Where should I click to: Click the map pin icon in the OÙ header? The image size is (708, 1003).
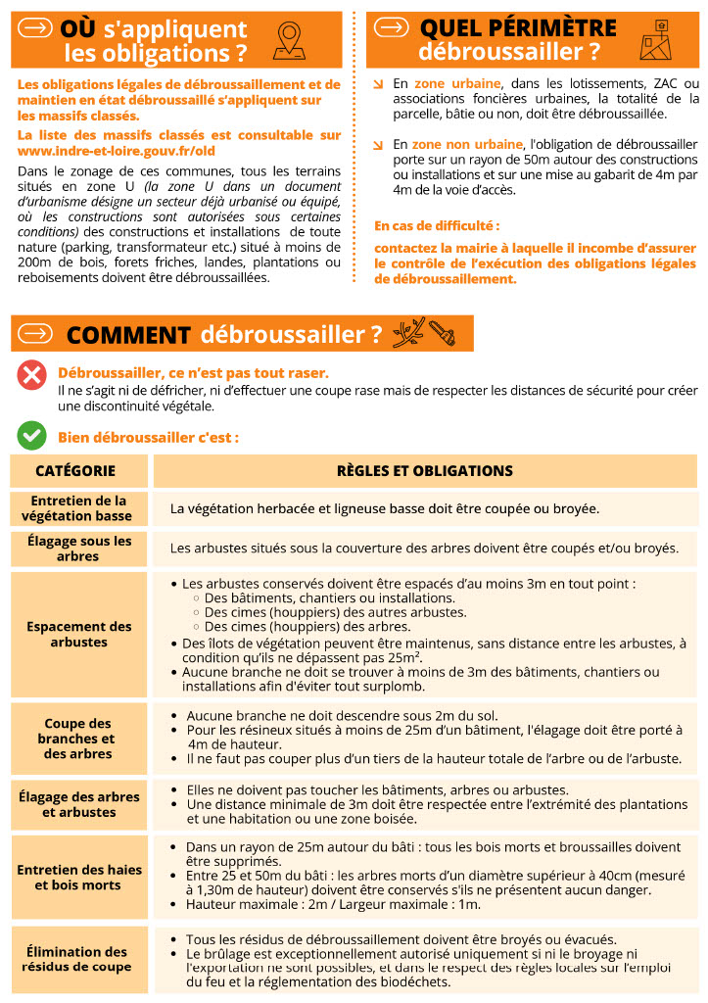288,39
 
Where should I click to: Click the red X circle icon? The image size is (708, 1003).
32,374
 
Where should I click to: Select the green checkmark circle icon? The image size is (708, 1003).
32,435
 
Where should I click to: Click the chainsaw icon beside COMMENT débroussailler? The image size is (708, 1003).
442,333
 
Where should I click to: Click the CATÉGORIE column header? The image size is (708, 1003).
75,471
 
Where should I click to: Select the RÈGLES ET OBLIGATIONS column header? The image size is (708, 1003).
424,471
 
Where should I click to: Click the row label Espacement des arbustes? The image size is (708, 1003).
78,634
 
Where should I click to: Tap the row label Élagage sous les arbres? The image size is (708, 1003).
78,549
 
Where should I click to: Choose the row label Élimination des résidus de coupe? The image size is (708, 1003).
76,959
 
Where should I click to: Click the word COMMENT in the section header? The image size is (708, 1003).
128,335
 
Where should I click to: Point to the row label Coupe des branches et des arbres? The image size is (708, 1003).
76,739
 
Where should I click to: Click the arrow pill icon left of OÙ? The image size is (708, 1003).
36,28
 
